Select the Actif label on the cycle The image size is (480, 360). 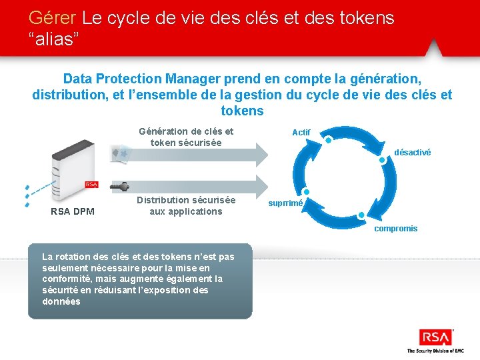(x=301, y=133)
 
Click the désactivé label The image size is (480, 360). (x=412, y=153)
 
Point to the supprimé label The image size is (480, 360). (x=286, y=203)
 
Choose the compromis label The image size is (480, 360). (x=395, y=229)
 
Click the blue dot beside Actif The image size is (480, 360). (x=329, y=140)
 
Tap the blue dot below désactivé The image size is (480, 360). (x=383, y=161)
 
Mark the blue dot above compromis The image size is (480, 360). (x=361, y=215)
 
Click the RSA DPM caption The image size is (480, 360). (x=73, y=212)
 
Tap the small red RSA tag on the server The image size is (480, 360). (x=91, y=185)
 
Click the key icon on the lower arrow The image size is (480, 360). (x=121, y=186)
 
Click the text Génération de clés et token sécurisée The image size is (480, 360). (x=186, y=137)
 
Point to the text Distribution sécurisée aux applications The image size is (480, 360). (x=186, y=206)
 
